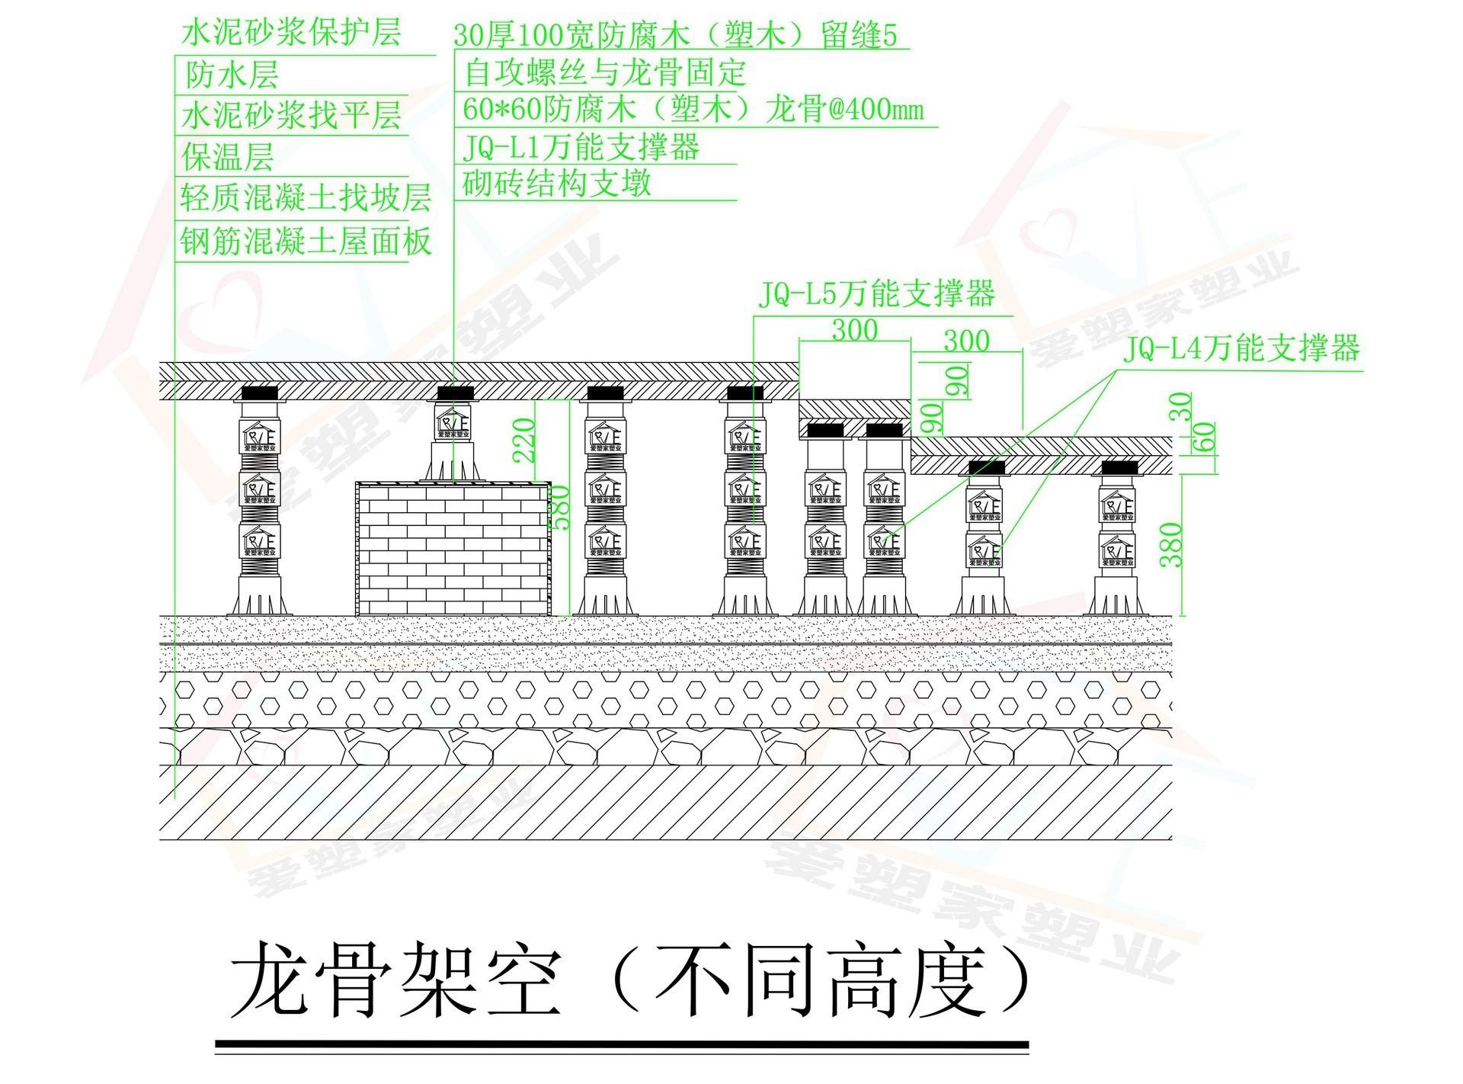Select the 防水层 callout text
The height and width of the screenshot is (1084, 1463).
coord(232,75)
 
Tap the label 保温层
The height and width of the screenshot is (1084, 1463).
coord(227,158)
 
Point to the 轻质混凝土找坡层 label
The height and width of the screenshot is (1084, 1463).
coord(306,198)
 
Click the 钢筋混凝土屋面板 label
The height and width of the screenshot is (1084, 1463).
coord(306,242)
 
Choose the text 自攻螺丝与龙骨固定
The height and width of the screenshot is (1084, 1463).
coord(604,73)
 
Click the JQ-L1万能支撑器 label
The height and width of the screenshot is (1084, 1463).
coord(581,146)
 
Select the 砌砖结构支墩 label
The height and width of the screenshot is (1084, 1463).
coord(557,184)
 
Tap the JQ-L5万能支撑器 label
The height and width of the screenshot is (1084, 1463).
coord(876,294)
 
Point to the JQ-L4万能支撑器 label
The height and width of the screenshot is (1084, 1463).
coord(1241,349)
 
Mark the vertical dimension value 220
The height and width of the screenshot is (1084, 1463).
coord(525,441)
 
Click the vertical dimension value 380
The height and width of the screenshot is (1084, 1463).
coord(1173,544)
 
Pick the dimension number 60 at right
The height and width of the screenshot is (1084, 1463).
coord(1207,438)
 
